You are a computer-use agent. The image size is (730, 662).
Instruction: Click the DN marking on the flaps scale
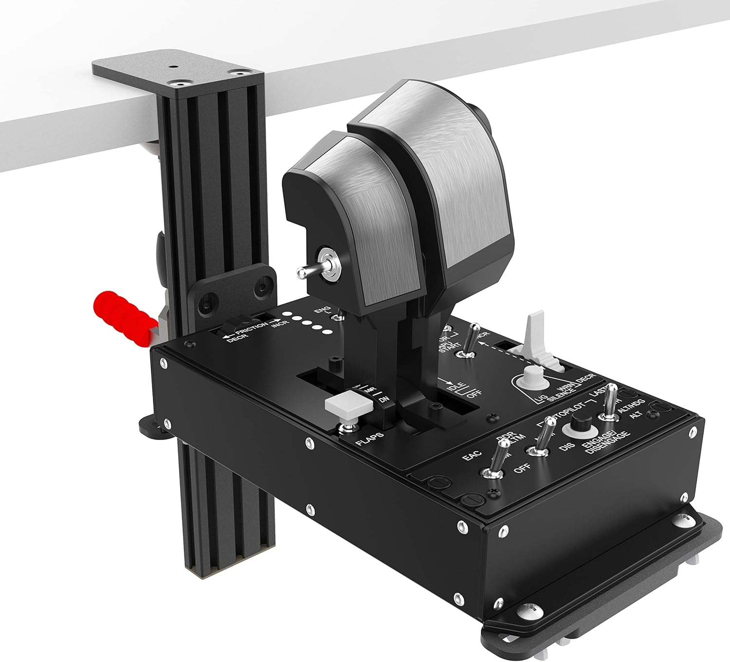(384, 400)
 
